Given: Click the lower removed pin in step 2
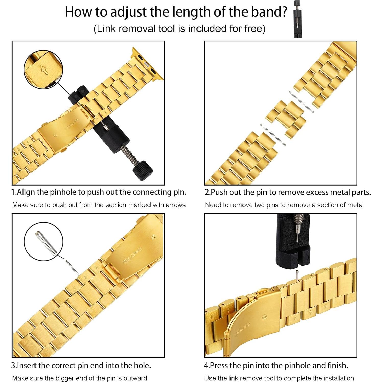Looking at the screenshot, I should [273, 135].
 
